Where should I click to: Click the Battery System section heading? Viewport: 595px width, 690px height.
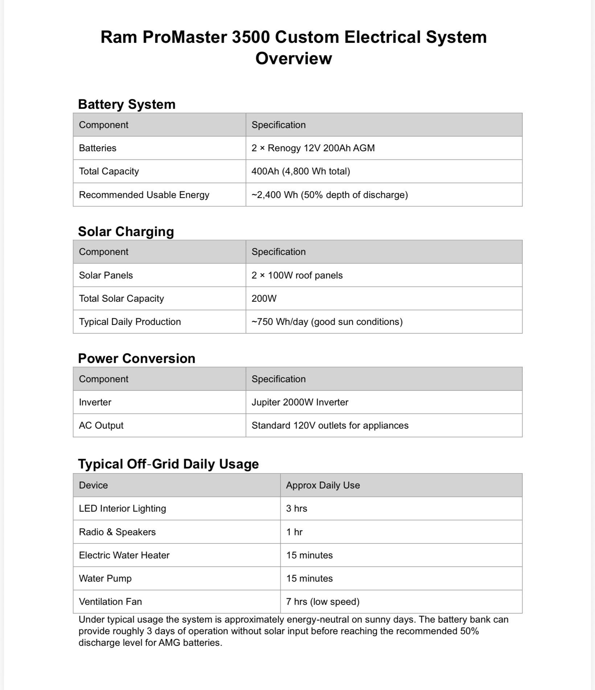pyautogui.click(x=127, y=104)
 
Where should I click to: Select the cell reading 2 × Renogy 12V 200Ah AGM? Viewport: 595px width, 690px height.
pyautogui.click(x=313, y=148)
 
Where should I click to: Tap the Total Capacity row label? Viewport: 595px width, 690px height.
pyautogui.click(x=109, y=171)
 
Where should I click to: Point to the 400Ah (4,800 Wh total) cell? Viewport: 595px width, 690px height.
pyautogui.click(x=300, y=171)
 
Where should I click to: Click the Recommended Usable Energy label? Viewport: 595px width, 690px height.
pyautogui.click(x=144, y=195)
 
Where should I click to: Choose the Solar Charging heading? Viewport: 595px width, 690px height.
pyautogui.click(x=126, y=231)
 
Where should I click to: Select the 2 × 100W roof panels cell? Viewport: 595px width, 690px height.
pyautogui.click(x=297, y=275)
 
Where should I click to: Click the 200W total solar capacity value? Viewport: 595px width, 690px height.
pyautogui.click(x=264, y=298)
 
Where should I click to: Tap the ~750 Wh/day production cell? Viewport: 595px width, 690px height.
pyautogui.click(x=327, y=322)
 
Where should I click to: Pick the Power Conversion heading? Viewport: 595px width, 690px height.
pyautogui.click(x=136, y=358)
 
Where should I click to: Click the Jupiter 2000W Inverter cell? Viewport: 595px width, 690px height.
pyautogui.click(x=300, y=402)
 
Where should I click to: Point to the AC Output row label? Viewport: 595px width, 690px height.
pyautogui.click(x=101, y=425)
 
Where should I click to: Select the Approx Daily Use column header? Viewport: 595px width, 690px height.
pyautogui.click(x=323, y=485)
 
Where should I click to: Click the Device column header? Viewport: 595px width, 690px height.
pyautogui.click(x=93, y=485)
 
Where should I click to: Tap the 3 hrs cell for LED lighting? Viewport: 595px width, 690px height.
pyautogui.click(x=296, y=508)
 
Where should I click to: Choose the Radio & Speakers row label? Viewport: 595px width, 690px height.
pyautogui.click(x=117, y=532)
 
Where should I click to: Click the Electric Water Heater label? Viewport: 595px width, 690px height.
pyautogui.click(x=124, y=555)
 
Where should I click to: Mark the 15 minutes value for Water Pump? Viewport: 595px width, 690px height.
pyautogui.click(x=309, y=578)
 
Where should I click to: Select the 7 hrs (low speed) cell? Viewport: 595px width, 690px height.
pyautogui.click(x=323, y=602)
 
